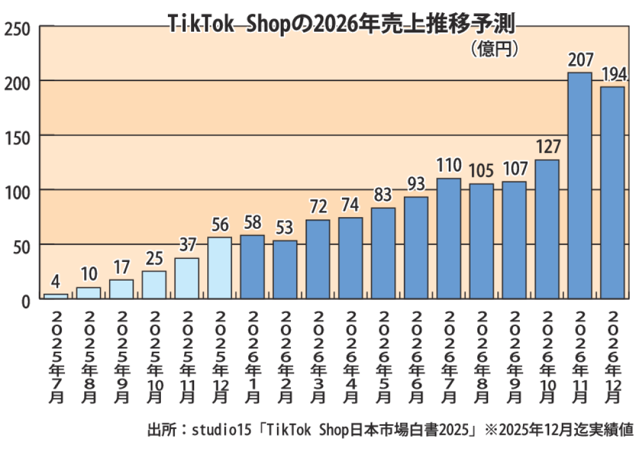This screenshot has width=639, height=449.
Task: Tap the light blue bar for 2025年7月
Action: click(56, 296)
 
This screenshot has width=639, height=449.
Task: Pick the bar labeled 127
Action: click(547, 229)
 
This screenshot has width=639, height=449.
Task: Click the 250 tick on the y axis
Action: click(18, 29)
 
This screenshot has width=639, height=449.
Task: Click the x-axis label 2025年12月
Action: click(220, 355)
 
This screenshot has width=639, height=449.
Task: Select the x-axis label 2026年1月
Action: click(253, 355)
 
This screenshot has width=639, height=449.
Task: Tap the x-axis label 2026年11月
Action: click(580, 355)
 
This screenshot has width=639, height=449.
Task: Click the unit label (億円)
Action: click(494, 49)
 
